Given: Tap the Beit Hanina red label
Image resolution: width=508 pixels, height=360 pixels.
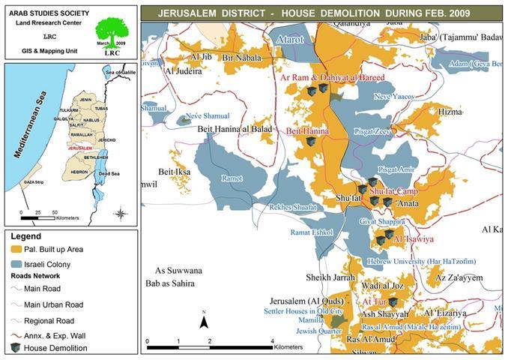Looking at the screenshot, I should pos(308,130).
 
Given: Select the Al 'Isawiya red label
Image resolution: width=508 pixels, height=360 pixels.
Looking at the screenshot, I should pos(413,238).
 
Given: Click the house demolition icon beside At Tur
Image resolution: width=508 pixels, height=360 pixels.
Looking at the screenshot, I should pos(393,301).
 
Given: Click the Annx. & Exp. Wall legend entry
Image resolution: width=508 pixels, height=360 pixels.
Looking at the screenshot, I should pos(57,334).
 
